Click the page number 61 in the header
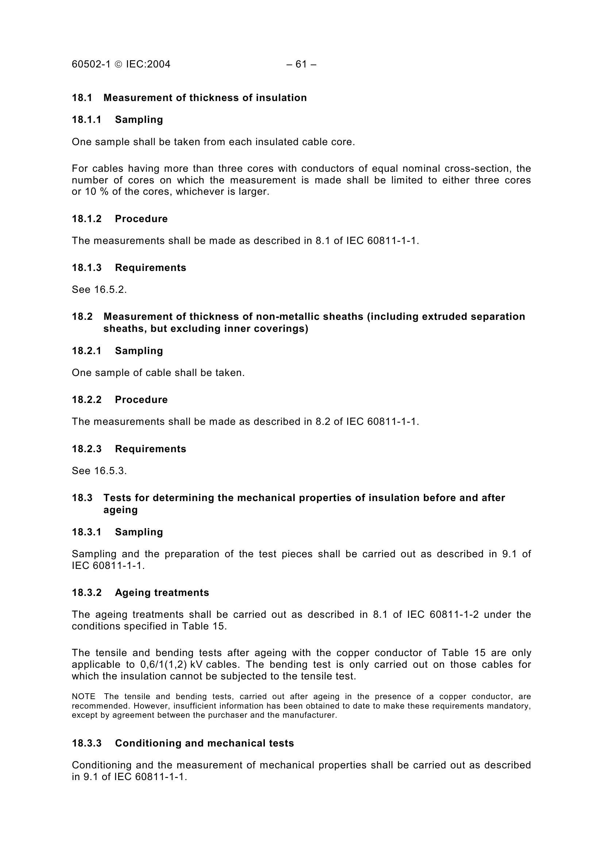click(x=301, y=65)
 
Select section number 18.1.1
click(x=86, y=120)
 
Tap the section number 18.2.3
click(x=86, y=449)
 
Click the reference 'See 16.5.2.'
click(x=99, y=290)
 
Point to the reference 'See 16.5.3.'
click(x=99, y=471)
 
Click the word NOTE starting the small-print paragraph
click(x=84, y=697)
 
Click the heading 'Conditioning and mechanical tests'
click(x=204, y=743)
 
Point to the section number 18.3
click(x=82, y=498)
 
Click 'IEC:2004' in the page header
click(x=148, y=65)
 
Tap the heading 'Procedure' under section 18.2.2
click(x=141, y=400)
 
